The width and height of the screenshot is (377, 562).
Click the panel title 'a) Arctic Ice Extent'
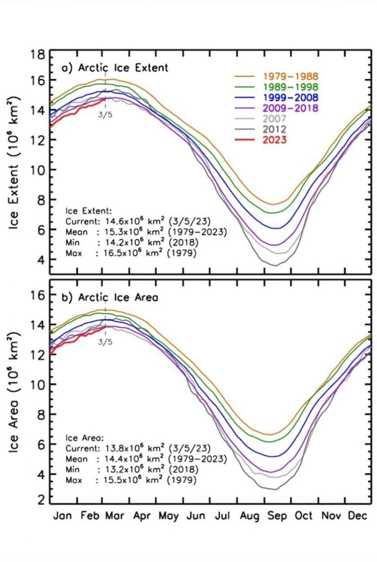(x=115, y=68)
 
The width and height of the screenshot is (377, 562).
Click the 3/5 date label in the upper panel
(x=105, y=114)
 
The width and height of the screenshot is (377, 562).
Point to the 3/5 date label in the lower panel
(x=105, y=342)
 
